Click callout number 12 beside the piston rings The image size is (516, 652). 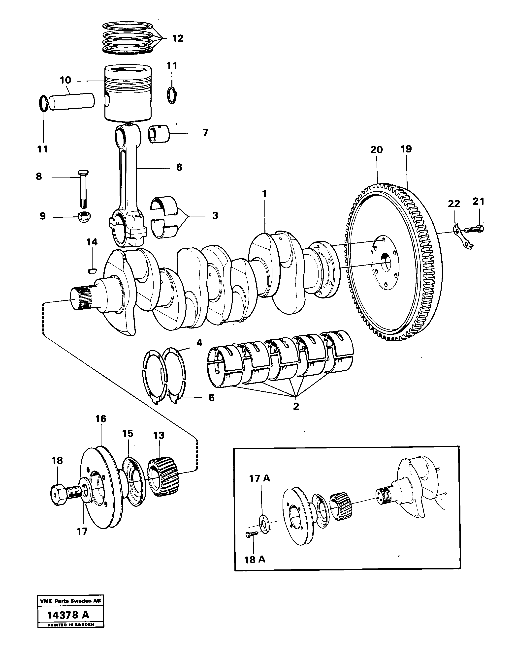(x=178, y=38)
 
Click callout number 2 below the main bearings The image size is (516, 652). (x=296, y=406)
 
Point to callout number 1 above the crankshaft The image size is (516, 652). (x=264, y=194)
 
